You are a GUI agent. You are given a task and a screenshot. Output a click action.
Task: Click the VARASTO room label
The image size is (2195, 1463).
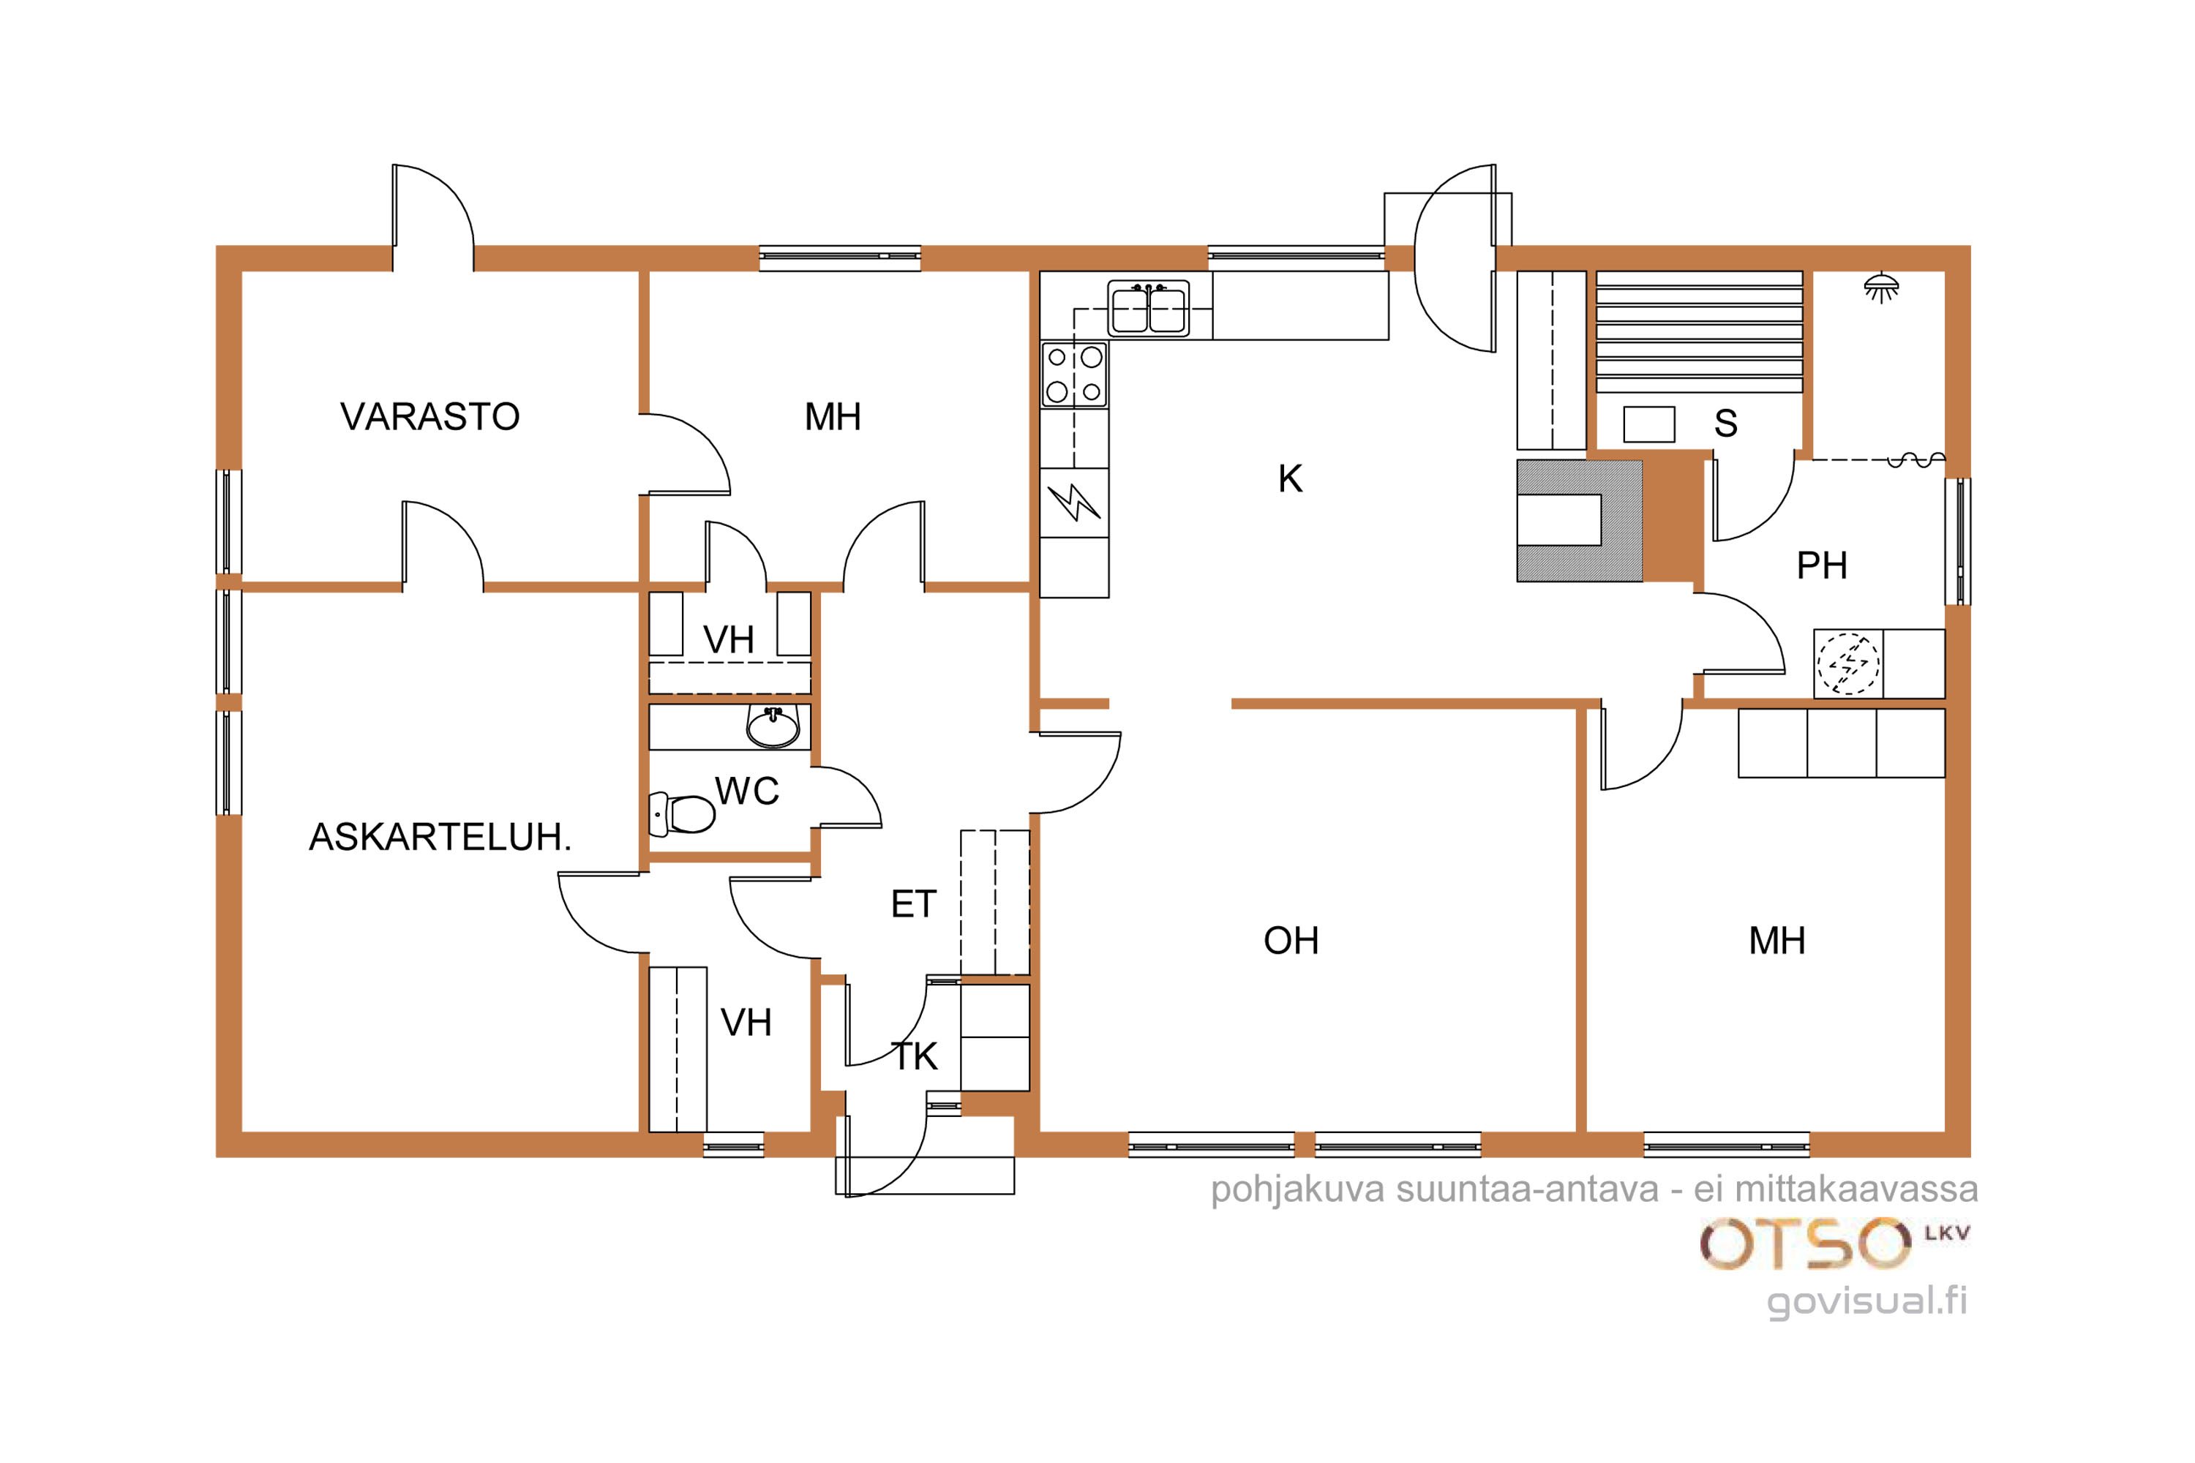click(430, 417)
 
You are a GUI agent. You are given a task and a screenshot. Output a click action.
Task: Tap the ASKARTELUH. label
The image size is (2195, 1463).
click(440, 838)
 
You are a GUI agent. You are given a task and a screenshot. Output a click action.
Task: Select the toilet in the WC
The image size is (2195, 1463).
click(681, 813)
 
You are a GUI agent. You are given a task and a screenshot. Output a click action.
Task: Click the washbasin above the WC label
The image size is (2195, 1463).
click(773, 728)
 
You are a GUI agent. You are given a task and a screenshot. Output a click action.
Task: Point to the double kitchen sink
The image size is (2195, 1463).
click(1149, 308)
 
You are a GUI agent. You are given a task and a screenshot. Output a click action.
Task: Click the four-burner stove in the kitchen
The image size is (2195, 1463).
click(1074, 375)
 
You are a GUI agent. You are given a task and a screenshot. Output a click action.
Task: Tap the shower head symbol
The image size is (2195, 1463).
click(1880, 287)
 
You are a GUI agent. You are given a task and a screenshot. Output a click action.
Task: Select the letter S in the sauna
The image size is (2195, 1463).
click(1725, 424)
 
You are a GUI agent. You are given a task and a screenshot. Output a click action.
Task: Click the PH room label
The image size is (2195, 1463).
click(1822, 565)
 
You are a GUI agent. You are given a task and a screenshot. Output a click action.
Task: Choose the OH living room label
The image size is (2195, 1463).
click(1291, 941)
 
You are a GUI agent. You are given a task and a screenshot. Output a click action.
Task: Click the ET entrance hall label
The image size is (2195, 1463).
click(912, 904)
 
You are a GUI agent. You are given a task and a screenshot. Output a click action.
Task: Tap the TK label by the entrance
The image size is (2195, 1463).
click(915, 1057)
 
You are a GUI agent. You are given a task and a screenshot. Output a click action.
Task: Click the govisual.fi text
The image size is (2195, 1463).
click(1866, 1301)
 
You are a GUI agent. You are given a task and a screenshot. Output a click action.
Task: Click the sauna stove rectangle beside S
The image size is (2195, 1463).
click(1649, 424)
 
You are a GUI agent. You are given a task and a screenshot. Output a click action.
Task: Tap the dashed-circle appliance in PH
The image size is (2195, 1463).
click(1848, 663)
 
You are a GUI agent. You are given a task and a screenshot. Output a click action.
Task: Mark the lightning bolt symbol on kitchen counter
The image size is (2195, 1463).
click(1074, 502)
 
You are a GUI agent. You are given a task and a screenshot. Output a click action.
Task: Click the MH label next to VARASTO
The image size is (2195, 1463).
click(833, 417)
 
